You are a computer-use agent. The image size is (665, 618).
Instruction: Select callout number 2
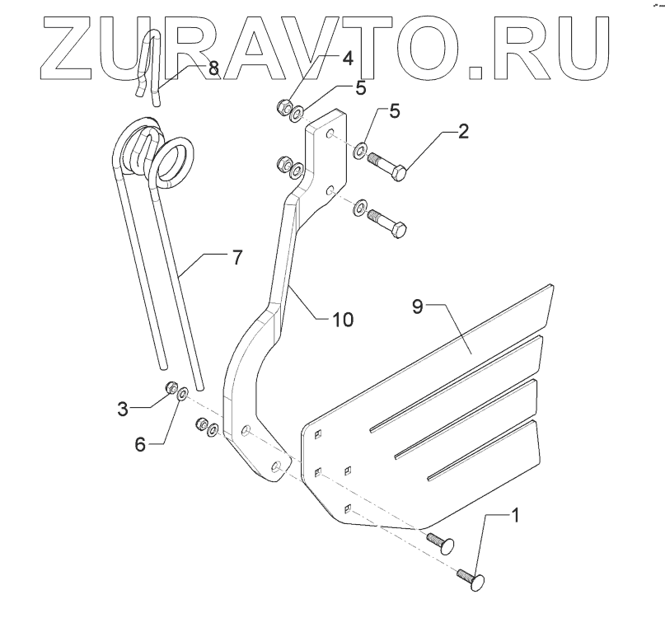[x=464, y=132]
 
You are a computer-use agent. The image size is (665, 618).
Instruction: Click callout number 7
[x=236, y=257]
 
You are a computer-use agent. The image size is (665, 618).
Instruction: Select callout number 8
[x=213, y=68]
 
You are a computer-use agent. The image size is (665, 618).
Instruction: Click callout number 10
[x=344, y=318]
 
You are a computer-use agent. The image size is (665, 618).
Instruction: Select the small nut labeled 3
[x=172, y=388]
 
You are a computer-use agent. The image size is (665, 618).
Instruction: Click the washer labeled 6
[x=183, y=392]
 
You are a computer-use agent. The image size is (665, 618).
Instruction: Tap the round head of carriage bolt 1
[x=475, y=581]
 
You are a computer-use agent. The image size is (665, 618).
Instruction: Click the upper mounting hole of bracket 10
[x=330, y=133]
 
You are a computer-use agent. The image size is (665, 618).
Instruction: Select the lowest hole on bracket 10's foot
[x=277, y=467]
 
